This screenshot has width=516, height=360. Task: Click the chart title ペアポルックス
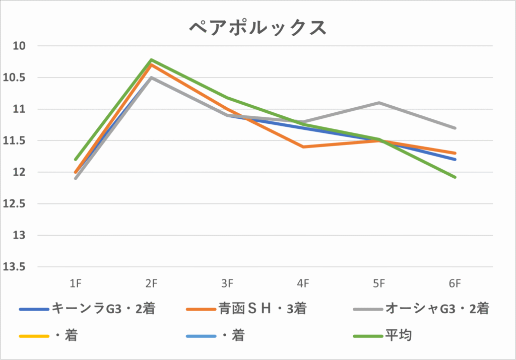pyautogui.click(x=258, y=28)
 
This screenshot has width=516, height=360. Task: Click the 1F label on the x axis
pyautogui.click(x=76, y=284)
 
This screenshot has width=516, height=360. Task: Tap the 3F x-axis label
pyautogui.click(x=227, y=284)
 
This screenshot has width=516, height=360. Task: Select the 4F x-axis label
pyautogui.click(x=303, y=284)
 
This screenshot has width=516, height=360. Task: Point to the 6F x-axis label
pyautogui.click(x=455, y=284)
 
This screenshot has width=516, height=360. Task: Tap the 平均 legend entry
pyautogui.click(x=398, y=335)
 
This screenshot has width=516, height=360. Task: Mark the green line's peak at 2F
pyautogui.click(x=151, y=60)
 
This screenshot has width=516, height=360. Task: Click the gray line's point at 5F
pyautogui.click(x=379, y=103)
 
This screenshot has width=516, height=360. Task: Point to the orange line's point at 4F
pyautogui.click(x=303, y=147)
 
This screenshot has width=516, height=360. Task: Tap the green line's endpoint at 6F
pyautogui.click(x=455, y=177)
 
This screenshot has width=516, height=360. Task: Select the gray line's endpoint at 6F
pyautogui.click(x=455, y=128)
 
